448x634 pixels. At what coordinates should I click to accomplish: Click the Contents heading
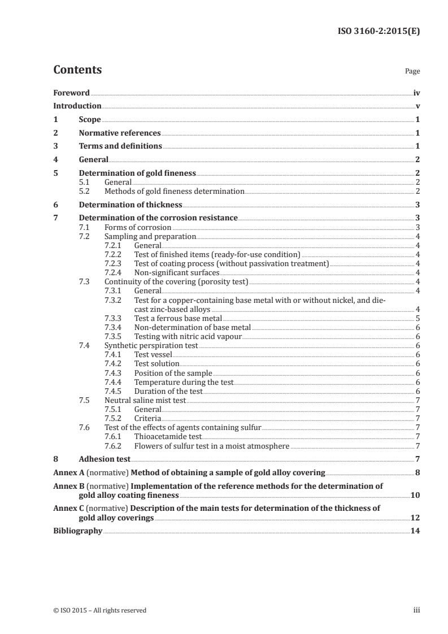77,70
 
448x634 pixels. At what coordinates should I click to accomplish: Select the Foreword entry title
71,93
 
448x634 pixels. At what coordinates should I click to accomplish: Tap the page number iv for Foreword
416,93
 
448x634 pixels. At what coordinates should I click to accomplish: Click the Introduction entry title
77,106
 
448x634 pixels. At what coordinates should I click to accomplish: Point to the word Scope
90,119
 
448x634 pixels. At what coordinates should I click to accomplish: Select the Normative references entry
120,133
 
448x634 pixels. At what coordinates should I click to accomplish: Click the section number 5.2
85,192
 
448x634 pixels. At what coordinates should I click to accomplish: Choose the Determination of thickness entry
131,205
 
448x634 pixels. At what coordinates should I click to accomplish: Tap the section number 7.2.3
115,263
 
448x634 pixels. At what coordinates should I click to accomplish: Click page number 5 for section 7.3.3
417,318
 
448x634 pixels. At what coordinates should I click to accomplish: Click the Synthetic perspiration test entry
151,345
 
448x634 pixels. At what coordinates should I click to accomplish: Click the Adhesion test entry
105,459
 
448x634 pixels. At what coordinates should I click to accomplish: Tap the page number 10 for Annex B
415,495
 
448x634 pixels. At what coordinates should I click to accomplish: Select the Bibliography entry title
77,531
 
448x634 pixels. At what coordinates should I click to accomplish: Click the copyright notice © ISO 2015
100,610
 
